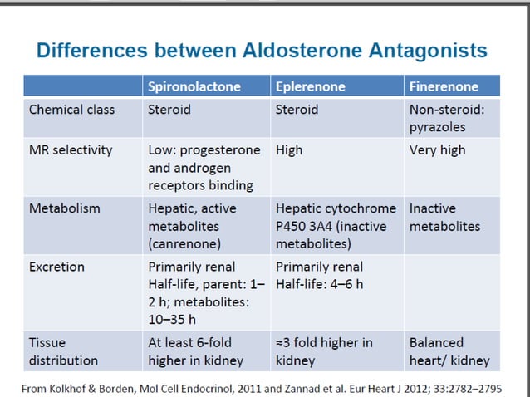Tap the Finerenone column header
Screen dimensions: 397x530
click(x=444, y=86)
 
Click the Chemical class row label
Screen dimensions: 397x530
click(x=72, y=109)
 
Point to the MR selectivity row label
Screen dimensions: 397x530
click(x=71, y=150)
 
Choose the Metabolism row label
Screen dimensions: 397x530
click(x=64, y=208)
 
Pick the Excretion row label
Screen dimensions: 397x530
click(x=57, y=267)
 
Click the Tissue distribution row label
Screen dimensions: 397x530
click(x=63, y=351)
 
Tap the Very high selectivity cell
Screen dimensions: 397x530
click(x=438, y=150)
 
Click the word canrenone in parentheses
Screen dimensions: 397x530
click(x=184, y=244)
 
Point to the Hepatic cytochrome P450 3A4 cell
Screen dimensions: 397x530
click(x=336, y=226)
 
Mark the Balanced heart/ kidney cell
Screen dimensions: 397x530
click(x=449, y=351)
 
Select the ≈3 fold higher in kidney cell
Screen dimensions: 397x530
click(x=324, y=351)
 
